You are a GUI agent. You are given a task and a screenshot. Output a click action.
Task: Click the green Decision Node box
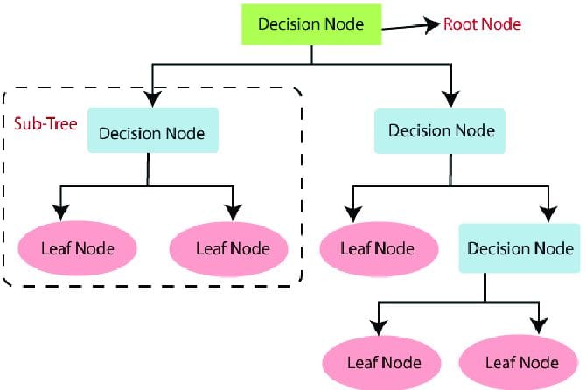coord(311,24)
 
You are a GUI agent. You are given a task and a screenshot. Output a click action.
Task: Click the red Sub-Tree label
coord(42,121)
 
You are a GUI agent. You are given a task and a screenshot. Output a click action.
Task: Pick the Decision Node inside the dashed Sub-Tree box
coord(152,134)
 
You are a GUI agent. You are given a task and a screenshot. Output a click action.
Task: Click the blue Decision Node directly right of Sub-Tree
coord(441,130)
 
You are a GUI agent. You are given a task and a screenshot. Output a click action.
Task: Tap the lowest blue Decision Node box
coord(520,247)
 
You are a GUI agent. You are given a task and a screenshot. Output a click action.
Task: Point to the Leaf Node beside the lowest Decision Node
coord(378,247)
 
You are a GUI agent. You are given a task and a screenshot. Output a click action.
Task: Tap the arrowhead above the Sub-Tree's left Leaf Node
coord(60,212)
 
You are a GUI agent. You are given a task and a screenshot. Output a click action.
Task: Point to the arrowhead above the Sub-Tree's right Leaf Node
coord(233,212)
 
